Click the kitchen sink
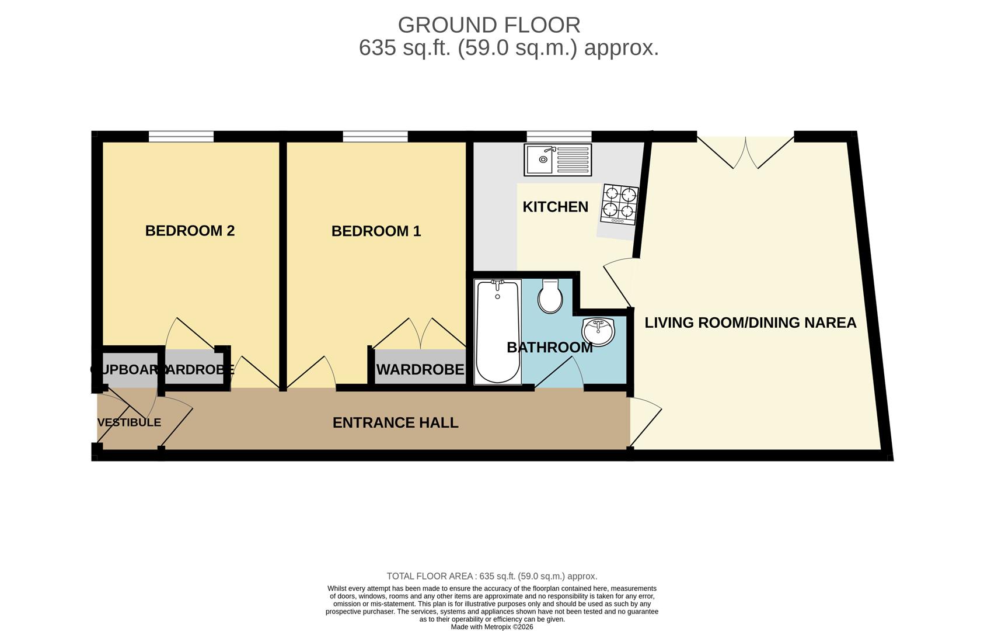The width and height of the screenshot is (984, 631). [x=557, y=160]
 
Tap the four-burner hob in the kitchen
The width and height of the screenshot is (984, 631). [x=619, y=204]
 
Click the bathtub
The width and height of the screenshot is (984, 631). [x=497, y=331]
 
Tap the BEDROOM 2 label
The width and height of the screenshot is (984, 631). [x=190, y=231]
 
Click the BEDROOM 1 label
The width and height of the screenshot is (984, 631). [x=376, y=231]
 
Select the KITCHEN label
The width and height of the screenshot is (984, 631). [x=555, y=207]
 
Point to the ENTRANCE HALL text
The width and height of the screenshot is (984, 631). [x=395, y=423]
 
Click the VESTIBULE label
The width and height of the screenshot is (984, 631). [x=129, y=422]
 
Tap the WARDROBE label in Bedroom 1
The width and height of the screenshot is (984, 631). [x=420, y=370]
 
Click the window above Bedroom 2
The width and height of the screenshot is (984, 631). [x=181, y=137]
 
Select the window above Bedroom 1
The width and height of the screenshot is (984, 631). [x=375, y=137]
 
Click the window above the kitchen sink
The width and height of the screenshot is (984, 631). [x=559, y=137]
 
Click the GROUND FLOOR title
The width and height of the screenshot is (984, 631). [x=488, y=25]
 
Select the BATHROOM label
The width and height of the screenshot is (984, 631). [x=549, y=348]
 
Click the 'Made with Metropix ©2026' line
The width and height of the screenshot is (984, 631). [x=491, y=627]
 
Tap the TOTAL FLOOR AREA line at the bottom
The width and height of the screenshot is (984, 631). [x=491, y=576]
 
